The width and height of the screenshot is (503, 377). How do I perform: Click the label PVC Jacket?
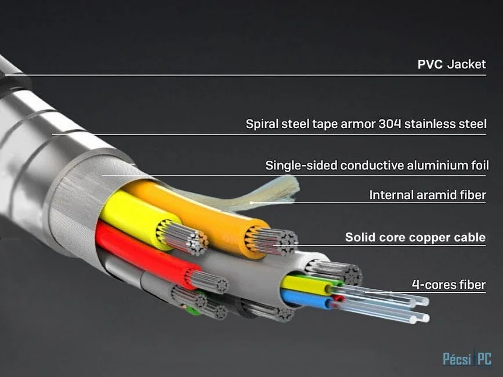[x=451, y=64]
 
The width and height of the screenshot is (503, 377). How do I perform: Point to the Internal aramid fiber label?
[x=428, y=195]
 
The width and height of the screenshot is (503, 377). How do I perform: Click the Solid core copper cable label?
[x=415, y=237]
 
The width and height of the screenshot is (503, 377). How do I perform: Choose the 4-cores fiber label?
[x=449, y=284]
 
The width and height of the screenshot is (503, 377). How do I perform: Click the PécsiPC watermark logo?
[x=467, y=358]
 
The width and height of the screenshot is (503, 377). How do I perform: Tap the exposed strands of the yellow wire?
[x=183, y=237]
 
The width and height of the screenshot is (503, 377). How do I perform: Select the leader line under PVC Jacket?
[x=245, y=75]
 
